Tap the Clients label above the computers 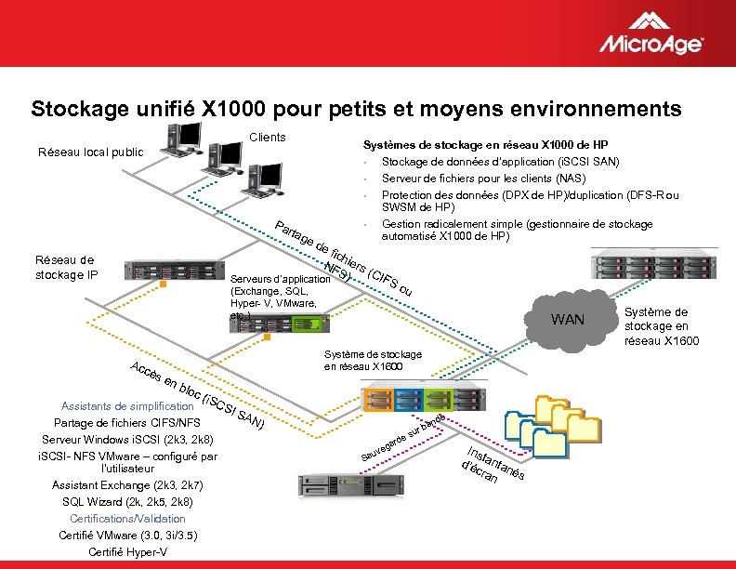coord(268,138)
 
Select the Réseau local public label coord(89,152)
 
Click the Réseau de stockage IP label coord(64,267)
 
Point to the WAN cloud coord(568,320)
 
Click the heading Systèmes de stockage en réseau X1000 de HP coord(484,145)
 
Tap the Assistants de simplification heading coord(126,405)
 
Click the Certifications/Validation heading coord(127,519)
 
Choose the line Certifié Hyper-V coord(127,552)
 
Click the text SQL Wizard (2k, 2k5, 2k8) coord(127,502)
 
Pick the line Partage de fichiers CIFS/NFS coord(127,422)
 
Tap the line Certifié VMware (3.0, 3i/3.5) coord(127,536)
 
